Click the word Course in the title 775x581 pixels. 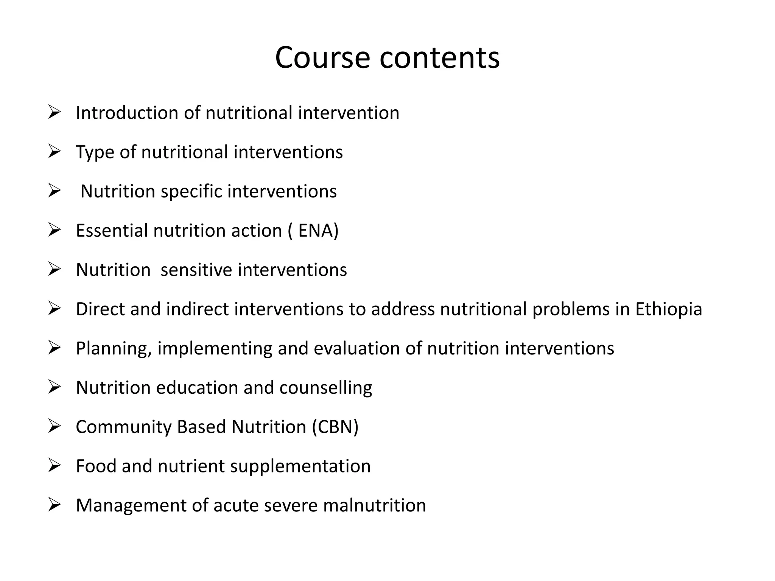point(322,58)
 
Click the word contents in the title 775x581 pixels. point(439,58)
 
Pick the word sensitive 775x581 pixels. point(196,270)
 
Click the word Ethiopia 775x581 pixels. point(668,309)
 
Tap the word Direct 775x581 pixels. point(100,309)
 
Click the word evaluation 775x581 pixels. point(356,348)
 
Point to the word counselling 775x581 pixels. point(325,388)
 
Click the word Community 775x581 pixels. point(124,427)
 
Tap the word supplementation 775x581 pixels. point(300,466)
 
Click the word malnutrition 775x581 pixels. point(375,505)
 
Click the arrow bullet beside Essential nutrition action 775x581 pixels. point(54,230)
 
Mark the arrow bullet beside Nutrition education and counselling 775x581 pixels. point(54,387)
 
